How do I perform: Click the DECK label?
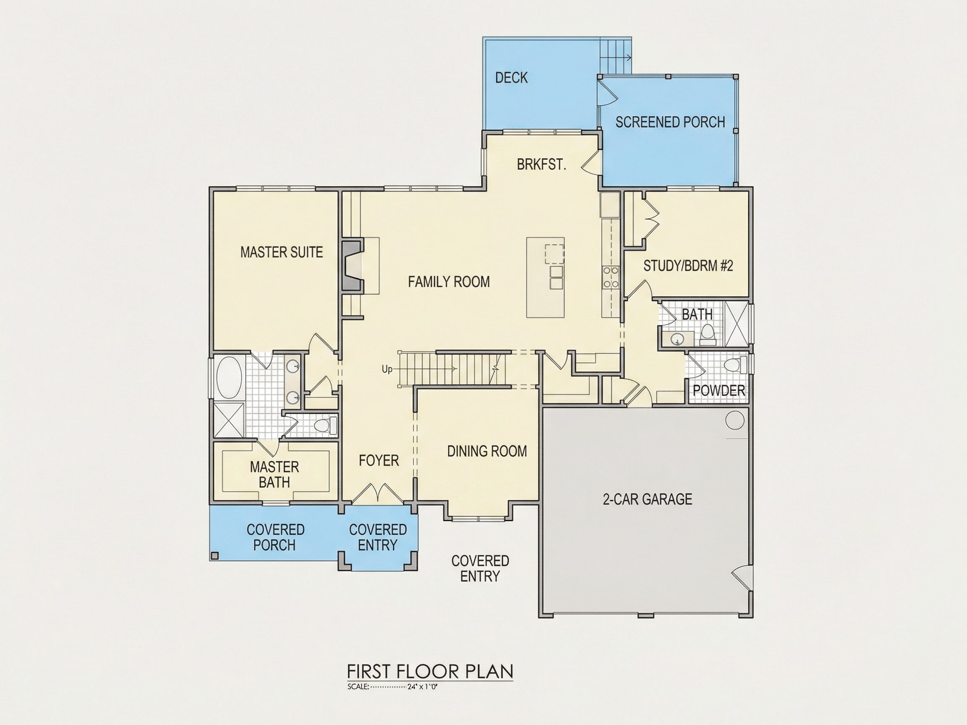511,78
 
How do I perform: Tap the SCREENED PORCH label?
670,122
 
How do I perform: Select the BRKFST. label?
542,164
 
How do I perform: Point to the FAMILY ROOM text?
449,282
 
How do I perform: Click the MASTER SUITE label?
282,252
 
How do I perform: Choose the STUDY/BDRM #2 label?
688,266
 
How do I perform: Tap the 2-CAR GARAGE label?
648,499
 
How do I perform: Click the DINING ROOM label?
487,451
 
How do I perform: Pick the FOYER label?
379,461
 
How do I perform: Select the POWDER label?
719,390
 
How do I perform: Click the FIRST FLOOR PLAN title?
430,671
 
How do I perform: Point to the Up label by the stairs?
387,369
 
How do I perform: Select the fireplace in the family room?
353,265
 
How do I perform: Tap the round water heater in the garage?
735,420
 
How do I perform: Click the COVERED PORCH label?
275,537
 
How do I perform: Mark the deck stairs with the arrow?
616,56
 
